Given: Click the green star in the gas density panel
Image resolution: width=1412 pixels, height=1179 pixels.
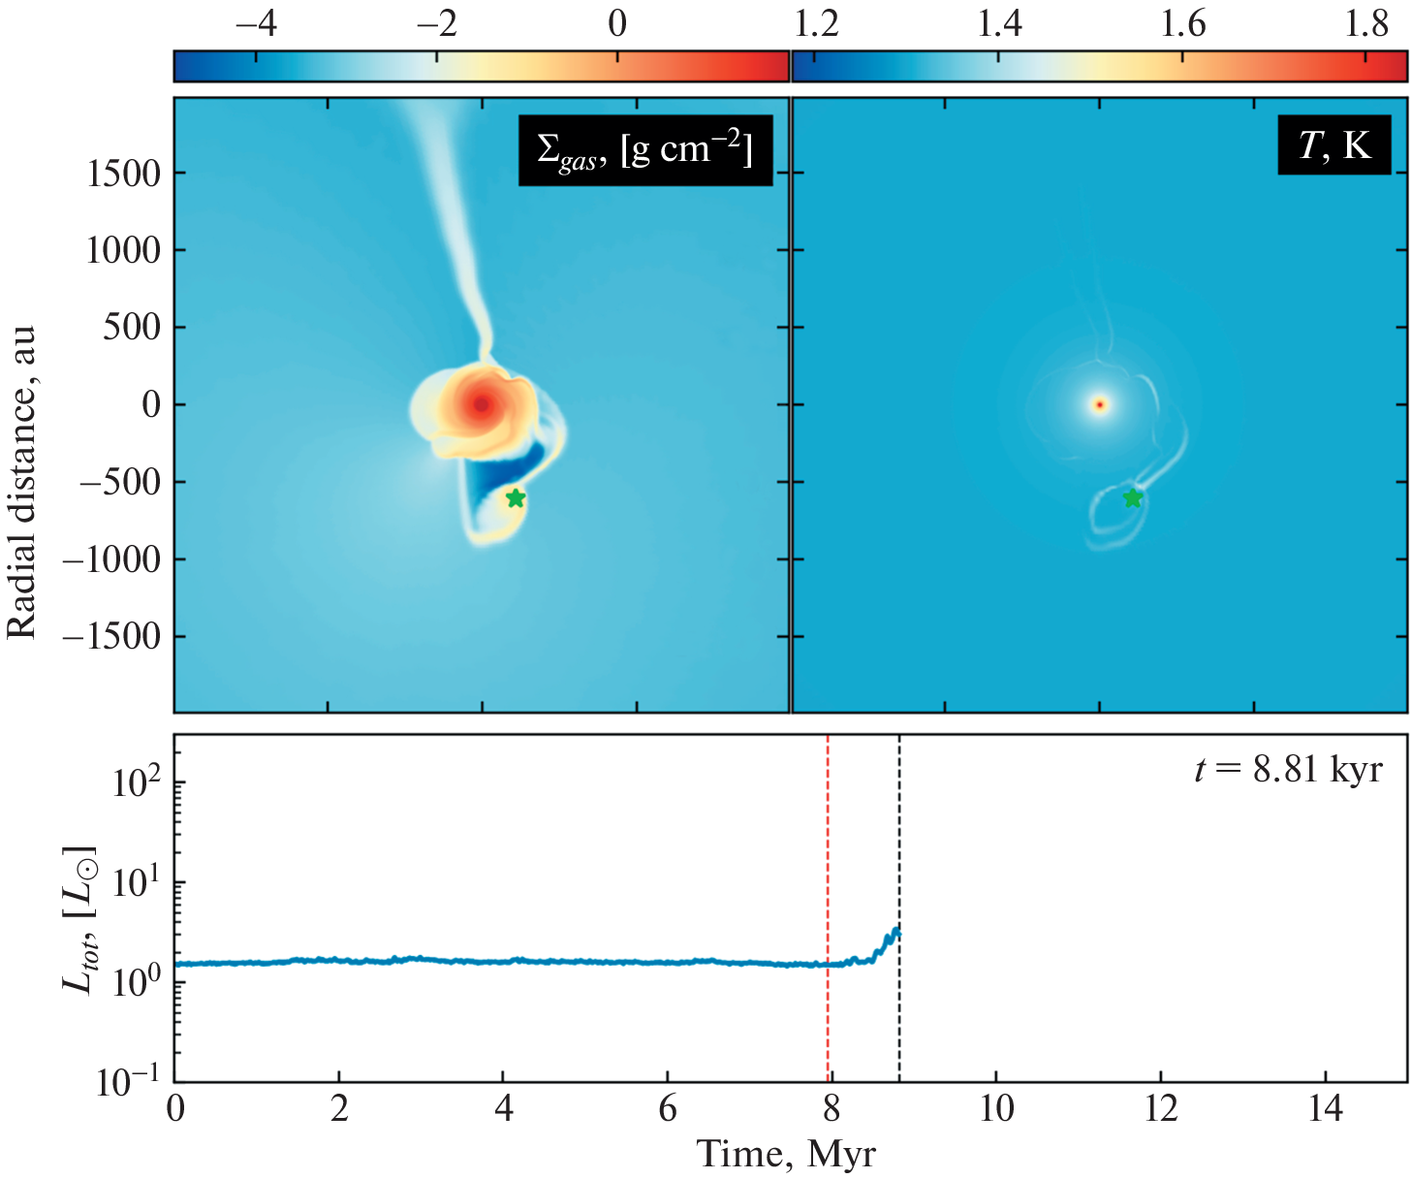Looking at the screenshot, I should [516, 498].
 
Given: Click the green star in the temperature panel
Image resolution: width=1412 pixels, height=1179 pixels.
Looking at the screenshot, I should [1133, 498].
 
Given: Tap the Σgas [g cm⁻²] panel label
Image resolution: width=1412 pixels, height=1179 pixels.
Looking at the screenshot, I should [644, 150].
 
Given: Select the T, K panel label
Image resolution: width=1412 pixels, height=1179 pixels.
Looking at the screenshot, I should [1334, 145].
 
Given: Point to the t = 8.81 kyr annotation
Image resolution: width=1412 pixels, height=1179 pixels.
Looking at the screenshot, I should [1288, 770].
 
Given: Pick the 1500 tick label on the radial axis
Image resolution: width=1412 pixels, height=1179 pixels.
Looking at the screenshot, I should [123, 174].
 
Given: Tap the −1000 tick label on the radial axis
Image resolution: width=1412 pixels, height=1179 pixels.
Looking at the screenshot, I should [111, 559].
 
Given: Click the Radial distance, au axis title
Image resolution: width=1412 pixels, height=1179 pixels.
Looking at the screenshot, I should [21, 482].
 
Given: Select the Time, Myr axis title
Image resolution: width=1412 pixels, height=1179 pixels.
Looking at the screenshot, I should [786, 1155].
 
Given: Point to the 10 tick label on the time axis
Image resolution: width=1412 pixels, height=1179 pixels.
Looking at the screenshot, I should [996, 1108].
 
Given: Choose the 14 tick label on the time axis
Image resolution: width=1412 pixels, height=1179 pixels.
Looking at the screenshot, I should [1325, 1108].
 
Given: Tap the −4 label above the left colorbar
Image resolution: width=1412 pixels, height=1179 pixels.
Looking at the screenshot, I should [256, 23].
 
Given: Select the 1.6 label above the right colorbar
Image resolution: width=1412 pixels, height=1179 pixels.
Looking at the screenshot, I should [1182, 23].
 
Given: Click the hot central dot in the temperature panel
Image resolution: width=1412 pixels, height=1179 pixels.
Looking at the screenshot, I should [1099, 404].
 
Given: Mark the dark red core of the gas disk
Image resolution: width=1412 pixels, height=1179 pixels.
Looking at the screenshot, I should [482, 404].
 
